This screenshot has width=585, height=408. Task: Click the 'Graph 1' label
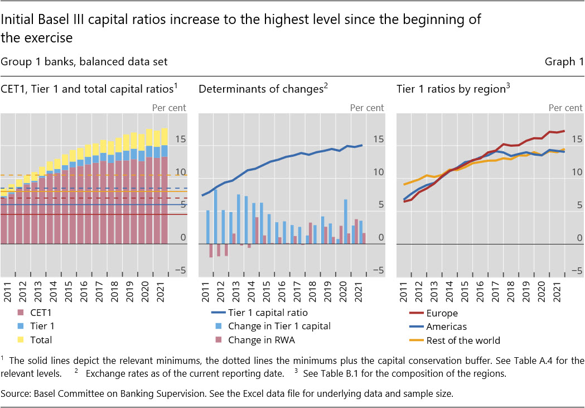564,61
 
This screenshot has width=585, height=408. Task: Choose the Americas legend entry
446,327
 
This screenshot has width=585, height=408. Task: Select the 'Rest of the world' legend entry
462,340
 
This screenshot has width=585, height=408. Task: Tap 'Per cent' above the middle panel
367,108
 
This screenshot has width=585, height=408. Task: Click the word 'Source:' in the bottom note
16,393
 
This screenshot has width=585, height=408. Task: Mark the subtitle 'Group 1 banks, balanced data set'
84,61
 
